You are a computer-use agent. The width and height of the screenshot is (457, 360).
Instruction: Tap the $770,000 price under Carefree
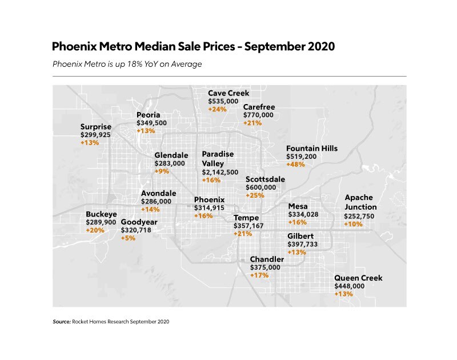(258, 115)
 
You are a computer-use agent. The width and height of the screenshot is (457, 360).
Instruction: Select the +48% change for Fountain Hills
(295, 164)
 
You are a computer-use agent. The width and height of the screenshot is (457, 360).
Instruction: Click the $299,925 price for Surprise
(95, 135)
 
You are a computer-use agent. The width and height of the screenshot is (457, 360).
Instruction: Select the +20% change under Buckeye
(95, 230)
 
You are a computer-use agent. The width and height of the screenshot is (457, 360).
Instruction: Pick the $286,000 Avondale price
(156, 202)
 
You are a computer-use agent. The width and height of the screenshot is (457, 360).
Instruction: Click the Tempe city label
(246, 218)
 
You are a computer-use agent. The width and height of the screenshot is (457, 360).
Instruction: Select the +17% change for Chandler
(259, 275)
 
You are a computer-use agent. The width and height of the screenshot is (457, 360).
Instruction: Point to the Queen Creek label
(358, 278)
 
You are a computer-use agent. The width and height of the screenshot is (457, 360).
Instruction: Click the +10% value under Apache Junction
(352, 225)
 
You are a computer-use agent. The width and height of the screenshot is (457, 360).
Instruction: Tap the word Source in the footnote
(62, 322)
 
